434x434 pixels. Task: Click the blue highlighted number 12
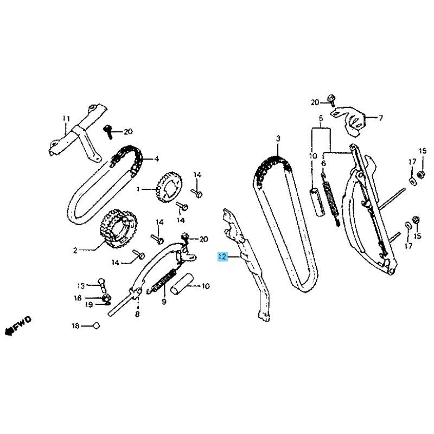point(222,257)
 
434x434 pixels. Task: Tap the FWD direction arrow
point(18,326)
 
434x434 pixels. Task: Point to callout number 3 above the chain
point(278,138)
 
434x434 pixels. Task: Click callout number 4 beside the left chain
point(157,159)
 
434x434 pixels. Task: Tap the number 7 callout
point(381,118)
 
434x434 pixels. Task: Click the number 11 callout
point(66,119)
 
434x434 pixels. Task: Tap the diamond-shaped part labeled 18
point(96,326)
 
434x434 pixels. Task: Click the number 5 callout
point(321,118)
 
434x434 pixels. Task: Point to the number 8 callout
point(137,315)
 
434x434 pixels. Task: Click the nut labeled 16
point(106,298)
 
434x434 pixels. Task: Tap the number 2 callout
point(75,251)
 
